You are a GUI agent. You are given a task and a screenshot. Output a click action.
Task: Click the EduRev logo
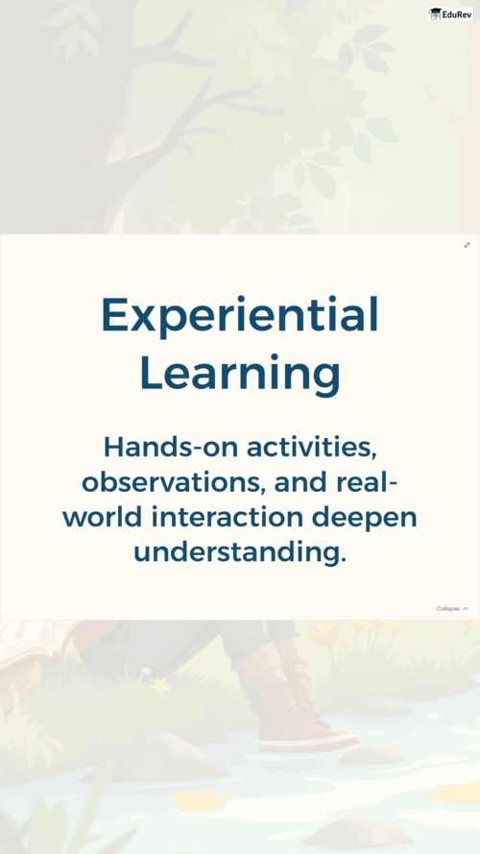(x=450, y=14)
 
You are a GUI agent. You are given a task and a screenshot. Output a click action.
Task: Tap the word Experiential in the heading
(x=239, y=315)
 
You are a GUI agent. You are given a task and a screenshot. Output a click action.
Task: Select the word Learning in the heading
(x=240, y=375)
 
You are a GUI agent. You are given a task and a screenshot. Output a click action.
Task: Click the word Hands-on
(x=171, y=447)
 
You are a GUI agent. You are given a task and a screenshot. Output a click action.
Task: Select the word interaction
(x=227, y=518)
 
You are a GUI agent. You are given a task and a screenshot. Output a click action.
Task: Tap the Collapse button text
(x=448, y=608)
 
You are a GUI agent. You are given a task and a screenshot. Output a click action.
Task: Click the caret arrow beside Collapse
(x=466, y=608)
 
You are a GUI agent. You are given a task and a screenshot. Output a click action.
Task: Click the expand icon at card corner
(x=467, y=245)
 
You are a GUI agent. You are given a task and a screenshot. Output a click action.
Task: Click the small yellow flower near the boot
(x=158, y=686)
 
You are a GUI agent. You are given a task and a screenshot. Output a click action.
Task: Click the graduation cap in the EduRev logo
(x=435, y=12)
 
